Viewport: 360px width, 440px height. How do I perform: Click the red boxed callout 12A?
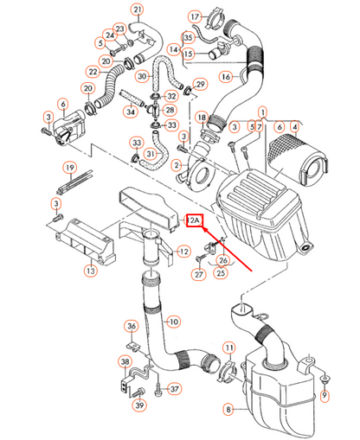pyautogui.click(x=195, y=221)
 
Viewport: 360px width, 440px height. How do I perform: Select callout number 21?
pyautogui.click(x=137, y=10)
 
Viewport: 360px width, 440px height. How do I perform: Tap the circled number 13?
pyautogui.click(x=90, y=271)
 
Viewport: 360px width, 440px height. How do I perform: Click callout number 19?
pyautogui.click(x=67, y=166)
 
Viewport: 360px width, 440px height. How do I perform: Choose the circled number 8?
pyautogui.click(x=228, y=409)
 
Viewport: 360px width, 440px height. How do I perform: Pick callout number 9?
pyautogui.click(x=325, y=397)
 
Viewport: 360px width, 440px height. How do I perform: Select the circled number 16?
pyautogui.click(x=225, y=77)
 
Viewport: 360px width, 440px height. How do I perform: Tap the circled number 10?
pyautogui.click(x=173, y=322)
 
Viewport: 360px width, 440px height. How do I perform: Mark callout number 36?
pyautogui.click(x=132, y=326)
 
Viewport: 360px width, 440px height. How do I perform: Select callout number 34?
pyautogui.click(x=131, y=111)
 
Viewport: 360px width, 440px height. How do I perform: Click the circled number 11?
pyautogui.click(x=229, y=348)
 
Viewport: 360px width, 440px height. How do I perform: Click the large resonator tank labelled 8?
pyautogui.click(x=281, y=380)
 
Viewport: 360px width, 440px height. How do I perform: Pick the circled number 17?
pyautogui.click(x=195, y=16)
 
